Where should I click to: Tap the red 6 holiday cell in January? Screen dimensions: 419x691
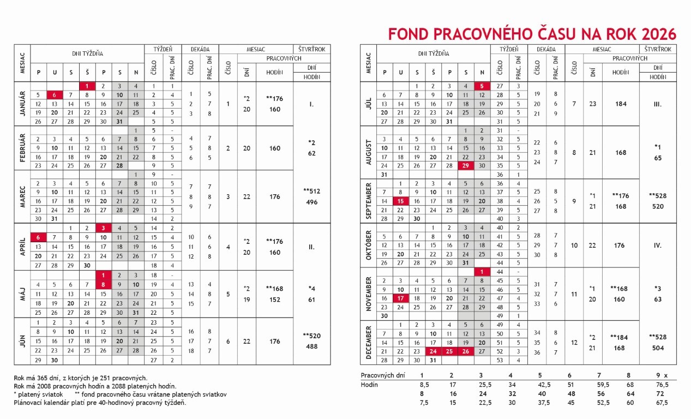pyautogui.click(x=55, y=94)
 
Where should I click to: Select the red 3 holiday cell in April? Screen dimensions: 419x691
pyautogui.click(x=103, y=228)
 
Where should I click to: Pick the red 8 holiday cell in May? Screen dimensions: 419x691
pyautogui.click(x=103, y=284)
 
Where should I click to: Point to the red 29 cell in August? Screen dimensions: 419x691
pyautogui.click(x=465, y=165)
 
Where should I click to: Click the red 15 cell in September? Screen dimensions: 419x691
pyautogui.click(x=401, y=201)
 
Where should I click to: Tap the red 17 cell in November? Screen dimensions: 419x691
pyautogui.click(x=401, y=298)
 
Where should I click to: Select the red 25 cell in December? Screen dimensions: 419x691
pyautogui.click(x=449, y=351)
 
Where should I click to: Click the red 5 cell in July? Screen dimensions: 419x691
pyautogui.click(x=482, y=86)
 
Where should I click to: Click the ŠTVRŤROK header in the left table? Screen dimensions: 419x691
pyautogui.click(x=311, y=49)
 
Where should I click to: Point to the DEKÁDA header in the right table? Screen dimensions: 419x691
pyautogui.click(x=546, y=49)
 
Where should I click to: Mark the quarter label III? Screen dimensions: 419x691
pyautogui.click(x=657, y=104)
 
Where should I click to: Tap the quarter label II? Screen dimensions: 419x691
pyautogui.click(x=311, y=247)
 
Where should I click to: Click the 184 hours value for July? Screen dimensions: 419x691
pyautogui.click(x=621, y=104)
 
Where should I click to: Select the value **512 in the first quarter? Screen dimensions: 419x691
pyautogui.click(x=311, y=191)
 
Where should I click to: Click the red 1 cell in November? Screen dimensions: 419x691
pyautogui.click(x=482, y=272)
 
